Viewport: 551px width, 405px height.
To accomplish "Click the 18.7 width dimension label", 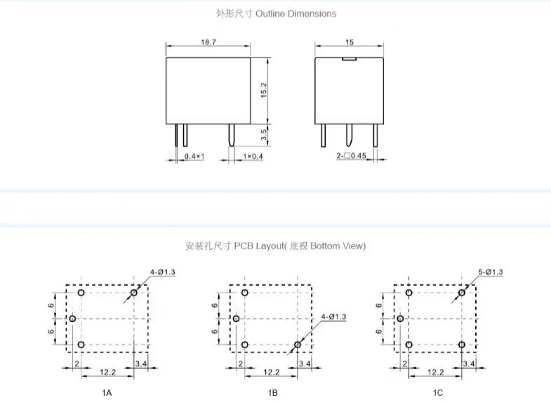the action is (208, 42).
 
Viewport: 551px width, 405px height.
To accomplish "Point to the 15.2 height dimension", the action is (264, 90).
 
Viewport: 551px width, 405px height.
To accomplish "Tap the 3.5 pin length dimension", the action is (264, 135).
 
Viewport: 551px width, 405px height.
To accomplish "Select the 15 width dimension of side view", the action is (350, 42).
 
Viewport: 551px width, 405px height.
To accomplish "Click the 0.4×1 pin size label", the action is (194, 156).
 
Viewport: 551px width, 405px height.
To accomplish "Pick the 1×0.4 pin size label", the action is (253, 156).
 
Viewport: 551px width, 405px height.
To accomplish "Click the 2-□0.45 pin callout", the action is (351, 155).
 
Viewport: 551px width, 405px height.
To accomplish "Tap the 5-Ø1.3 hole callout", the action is (490, 272).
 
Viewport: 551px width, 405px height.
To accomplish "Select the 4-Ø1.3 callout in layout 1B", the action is (333, 317).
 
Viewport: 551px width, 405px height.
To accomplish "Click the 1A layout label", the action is (107, 392).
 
